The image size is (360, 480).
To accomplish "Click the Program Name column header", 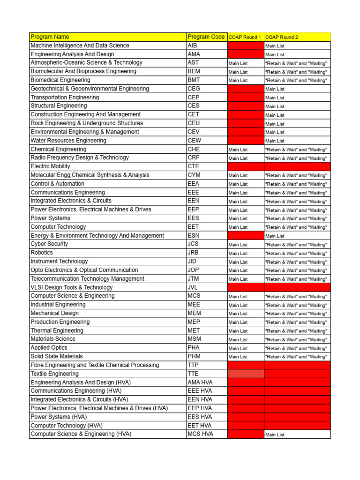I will pyautogui.click(x=50, y=37).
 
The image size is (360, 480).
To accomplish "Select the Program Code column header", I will pyautogui.click(x=206, y=37).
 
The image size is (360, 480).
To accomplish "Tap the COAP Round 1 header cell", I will pyautogui.click(x=245, y=37).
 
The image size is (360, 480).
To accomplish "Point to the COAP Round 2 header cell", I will pyautogui.click(x=281, y=37).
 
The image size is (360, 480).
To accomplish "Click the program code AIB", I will pyautogui.click(x=193, y=46).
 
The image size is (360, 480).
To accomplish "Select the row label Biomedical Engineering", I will pyautogui.click(x=60, y=80).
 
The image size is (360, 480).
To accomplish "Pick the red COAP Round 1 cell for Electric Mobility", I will pyautogui.click(x=246, y=166).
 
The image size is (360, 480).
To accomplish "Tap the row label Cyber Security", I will pyautogui.click(x=49, y=244).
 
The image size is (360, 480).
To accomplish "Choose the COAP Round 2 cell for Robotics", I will pyautogui.click(x=296, y=253).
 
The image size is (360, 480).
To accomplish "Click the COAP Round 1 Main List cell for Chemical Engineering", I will pyautogui.click(x=238, y=150).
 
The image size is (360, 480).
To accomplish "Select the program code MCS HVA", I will pyautogui.click(x=200, y=434).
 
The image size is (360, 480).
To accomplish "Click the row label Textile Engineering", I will pyautogui.click(x=54, y=374).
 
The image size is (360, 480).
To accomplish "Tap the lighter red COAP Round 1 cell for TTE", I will pyautogui.click(x=246, y=374).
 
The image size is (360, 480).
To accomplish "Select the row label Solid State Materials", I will pyautogui.click(x=56, y=356).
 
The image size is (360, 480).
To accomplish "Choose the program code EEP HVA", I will pyautogui.click(x=200, y=408).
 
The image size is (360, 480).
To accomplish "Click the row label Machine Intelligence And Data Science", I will pyautogui.click(x=80, y=46).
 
